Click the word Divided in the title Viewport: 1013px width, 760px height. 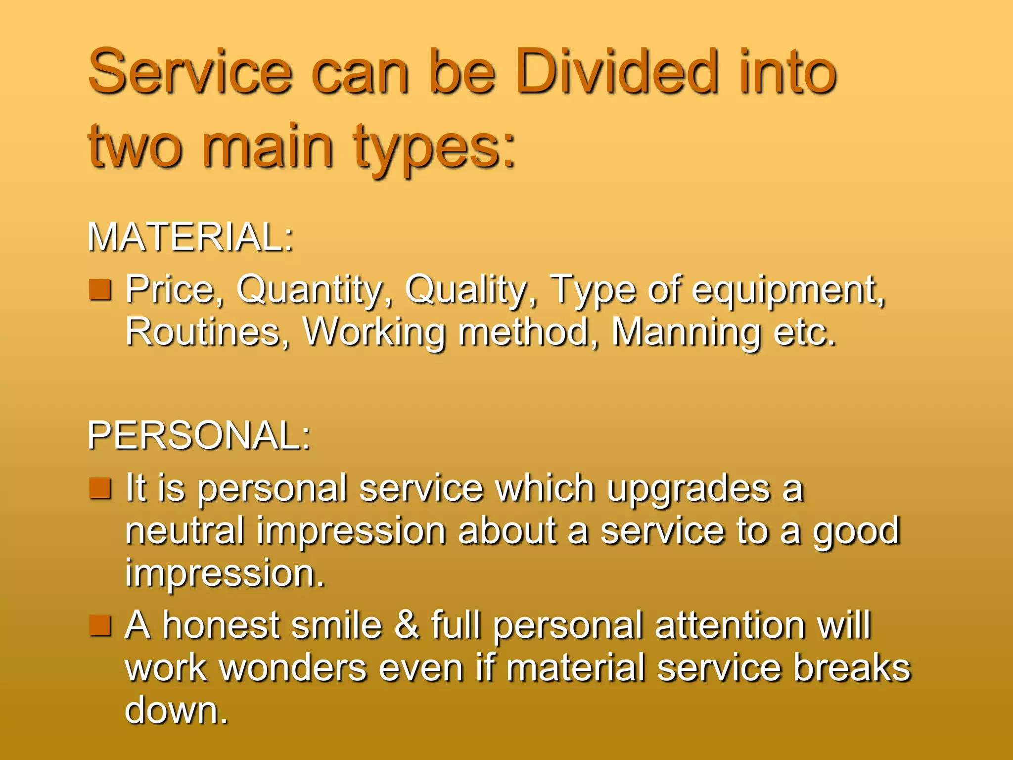(x=616, y=72)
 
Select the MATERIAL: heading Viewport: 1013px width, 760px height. (x=190, y=237)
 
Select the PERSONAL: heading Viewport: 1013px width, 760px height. (x=199, y=436)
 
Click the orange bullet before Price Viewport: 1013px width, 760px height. (x=100, y=290)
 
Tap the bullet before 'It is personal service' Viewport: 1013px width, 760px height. (x=100, y=488)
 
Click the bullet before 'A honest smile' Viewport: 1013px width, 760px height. (x=100, y=625)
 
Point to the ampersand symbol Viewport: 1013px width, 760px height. (x=407, y=625)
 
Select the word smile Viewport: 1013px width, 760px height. (x=336, y=625)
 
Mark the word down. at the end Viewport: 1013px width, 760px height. (x=176, y=710)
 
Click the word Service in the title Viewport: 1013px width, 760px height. (x=190, y=72)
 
